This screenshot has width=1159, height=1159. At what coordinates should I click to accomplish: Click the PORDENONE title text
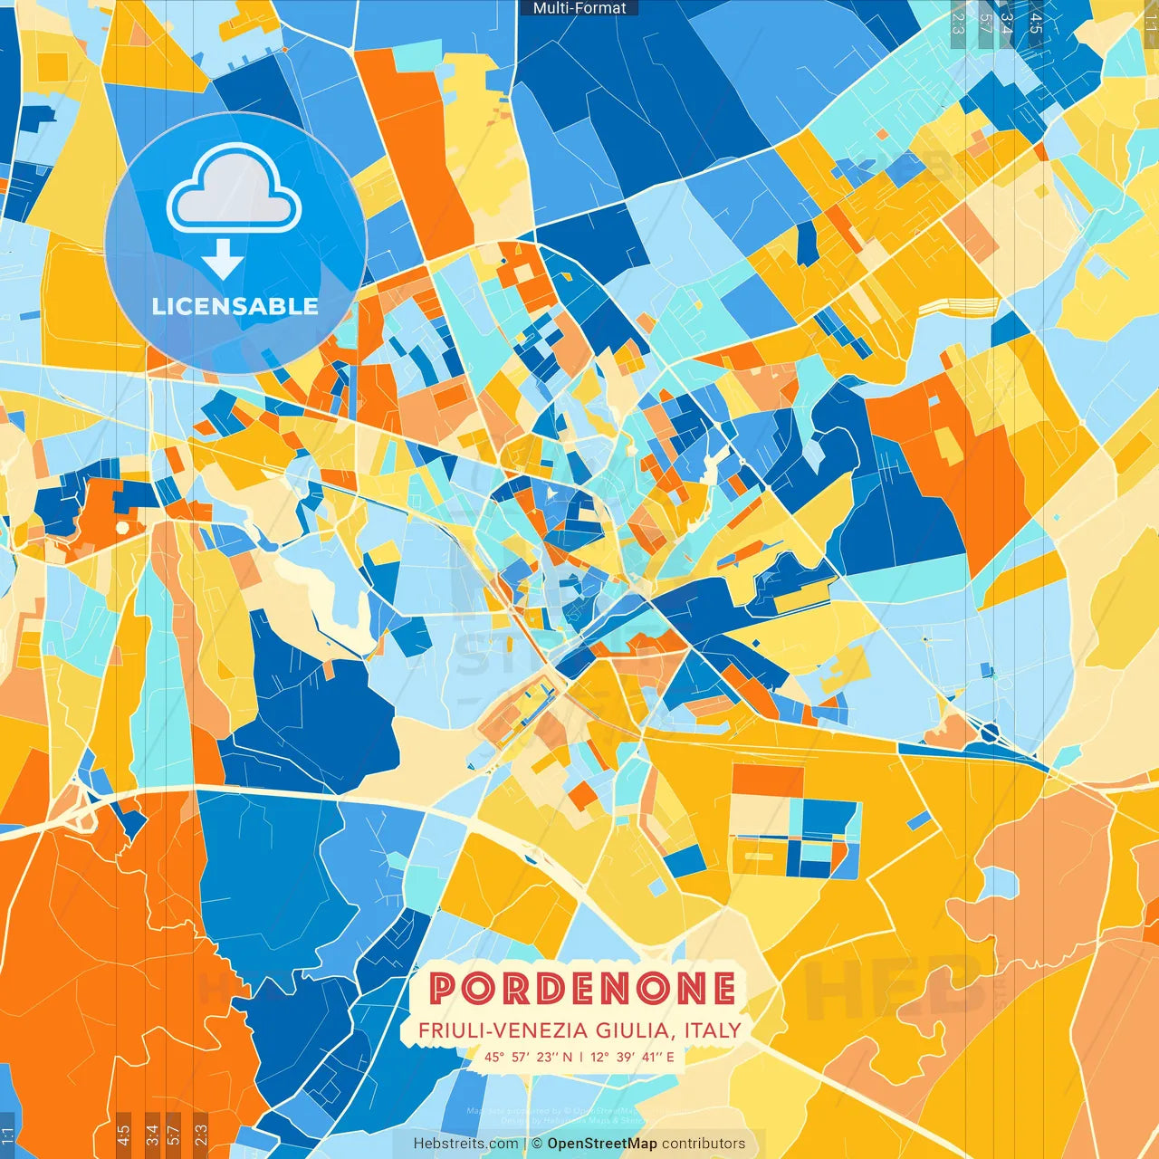point(582,988)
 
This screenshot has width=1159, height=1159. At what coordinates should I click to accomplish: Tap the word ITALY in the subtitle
point(713,1030)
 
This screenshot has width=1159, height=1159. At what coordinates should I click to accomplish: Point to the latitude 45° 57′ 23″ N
point(528,1057)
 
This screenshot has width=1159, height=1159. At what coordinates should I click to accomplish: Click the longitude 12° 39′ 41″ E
point(633,1057)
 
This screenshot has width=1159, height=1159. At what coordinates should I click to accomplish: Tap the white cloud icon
point(235,187)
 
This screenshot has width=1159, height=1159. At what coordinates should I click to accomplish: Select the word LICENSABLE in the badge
point(235,306)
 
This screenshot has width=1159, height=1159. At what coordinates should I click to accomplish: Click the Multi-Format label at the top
point(579,8)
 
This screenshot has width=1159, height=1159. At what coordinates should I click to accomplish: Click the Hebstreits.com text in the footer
point(465,1144)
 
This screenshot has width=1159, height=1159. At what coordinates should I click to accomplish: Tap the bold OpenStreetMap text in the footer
point(602,1144)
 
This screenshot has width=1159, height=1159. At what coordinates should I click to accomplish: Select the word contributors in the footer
point(704,1144)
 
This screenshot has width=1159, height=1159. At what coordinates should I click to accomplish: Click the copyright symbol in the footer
point(537,1144)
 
